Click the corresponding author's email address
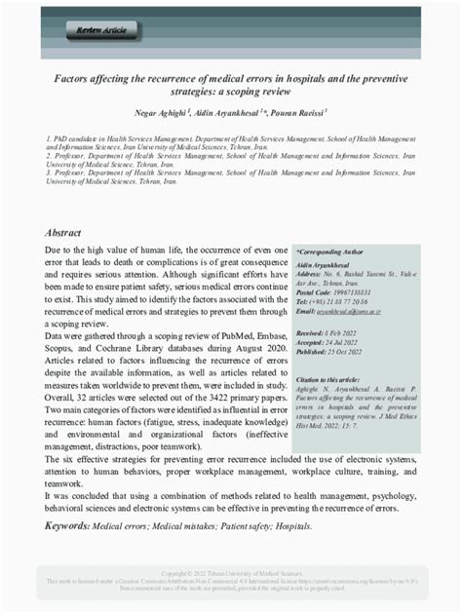[354, 312]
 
